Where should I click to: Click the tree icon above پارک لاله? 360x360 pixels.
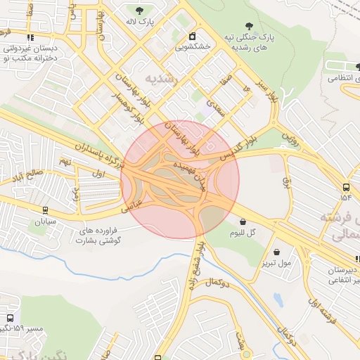(x=139, y=10)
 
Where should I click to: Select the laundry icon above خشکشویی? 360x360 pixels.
(x=193, y=36)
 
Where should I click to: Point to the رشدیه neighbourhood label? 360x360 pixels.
(x=162, y=77)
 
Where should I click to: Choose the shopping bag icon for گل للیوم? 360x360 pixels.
(x=243, y=221)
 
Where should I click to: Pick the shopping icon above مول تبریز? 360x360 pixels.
(x=276, y=252)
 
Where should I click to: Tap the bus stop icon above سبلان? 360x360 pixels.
(x=46, y=210)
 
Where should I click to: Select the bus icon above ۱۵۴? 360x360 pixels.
(x=346, y=187)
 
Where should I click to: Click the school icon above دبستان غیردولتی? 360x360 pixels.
(x=30, y=38)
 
